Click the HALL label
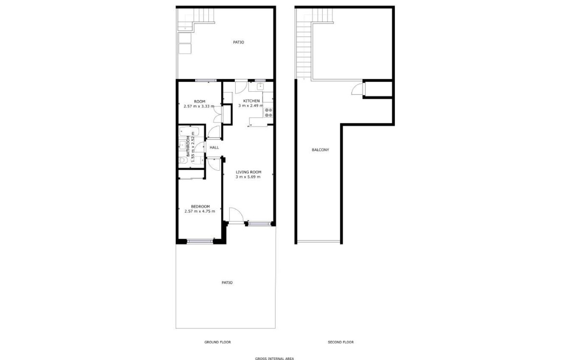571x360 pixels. pyautogui.click(x=214, y=147)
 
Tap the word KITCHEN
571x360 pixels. pyautogui.click(x=251, y=101)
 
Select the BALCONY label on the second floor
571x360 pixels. pyautogui.click(x=321, y=150)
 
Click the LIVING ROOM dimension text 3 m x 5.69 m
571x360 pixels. pyautogui.click(x=248, y=177)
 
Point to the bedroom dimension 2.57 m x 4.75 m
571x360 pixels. pyautogui.click(x=200, y=211)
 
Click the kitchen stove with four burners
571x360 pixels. pyautogui.click(x=268, y=113)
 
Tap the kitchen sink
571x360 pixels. pyautogui.click(x=261, y=86)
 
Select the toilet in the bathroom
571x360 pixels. pyautogui.click(x=182, y=160)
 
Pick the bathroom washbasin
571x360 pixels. pyautogui.click(x=182, y=145)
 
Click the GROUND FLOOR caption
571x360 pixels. pyautogui.click(x=217, y=342)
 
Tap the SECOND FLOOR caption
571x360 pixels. pyautogui.click(x=341, y=342)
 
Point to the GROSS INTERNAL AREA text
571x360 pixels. pyautogui.click(x=275, y=359)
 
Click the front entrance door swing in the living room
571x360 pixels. pyautogui.click(x=236, y=214)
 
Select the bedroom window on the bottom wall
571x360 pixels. pyautogui.click(x=200, y=240)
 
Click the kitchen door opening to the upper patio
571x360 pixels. pyautogui.click(x=241, y=86)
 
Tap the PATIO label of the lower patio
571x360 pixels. pyautogui.click(x=227, y=282)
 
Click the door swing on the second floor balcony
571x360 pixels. pyautogui.click(x=358, y=89)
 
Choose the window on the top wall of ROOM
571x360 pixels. pyautogui.click(x=206, y=80)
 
